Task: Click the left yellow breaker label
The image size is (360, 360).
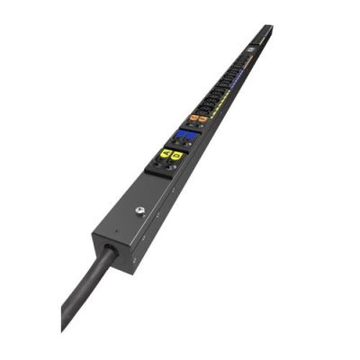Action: coord(166,154)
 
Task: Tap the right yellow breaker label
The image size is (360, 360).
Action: coord(176,156)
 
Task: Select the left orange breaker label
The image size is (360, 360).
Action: coord(193,117)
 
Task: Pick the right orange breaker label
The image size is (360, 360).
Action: coord(203,118)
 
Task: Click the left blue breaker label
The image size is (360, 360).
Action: coord(182,134)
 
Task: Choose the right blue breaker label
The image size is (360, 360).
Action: coord(192,136)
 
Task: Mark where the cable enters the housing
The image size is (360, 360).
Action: coord(109,250)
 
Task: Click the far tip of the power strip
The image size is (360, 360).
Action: coord(268,28)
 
